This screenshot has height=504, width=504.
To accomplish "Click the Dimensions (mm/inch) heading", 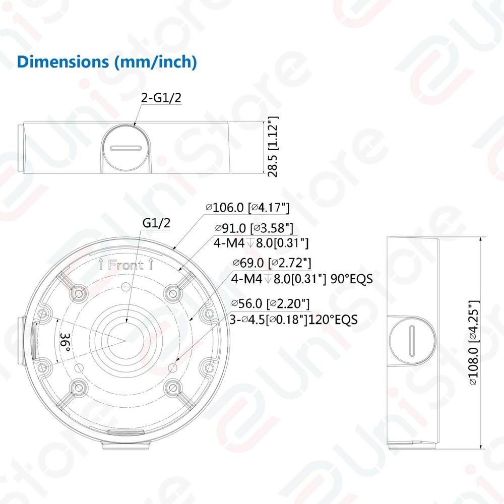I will point(106,61).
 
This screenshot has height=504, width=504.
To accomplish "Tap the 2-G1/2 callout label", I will point(161,98).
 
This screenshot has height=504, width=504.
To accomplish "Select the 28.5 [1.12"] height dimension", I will point(273,146).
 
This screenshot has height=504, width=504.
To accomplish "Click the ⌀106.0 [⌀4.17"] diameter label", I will point(247,207).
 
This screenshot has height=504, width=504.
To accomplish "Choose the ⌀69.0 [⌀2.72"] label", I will point(271,263).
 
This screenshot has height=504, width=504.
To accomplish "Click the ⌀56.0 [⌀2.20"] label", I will point(270,303).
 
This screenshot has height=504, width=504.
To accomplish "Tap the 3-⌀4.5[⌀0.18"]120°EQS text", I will point(293,320).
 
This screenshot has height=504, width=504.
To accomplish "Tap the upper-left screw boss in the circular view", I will point(79,292).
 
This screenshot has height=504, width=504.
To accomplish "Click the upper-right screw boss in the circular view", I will point(173,292).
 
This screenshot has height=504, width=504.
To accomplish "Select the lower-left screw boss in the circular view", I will point(79,387).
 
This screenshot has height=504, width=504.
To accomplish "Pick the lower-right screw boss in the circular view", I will point(173,387).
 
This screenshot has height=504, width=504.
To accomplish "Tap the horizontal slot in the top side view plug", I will point(126,149).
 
